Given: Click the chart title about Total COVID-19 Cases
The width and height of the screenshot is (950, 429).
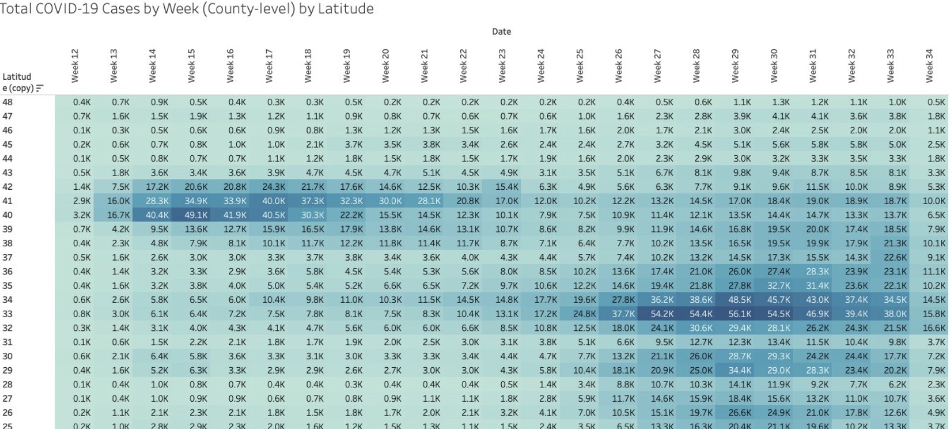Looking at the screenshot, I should tap(187, 8).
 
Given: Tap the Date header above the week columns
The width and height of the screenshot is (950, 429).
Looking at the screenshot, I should tap(501, 32).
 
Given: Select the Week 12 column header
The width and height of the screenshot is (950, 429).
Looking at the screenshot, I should tap(75, 66).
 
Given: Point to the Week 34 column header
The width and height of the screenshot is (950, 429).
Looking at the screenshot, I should tap(929, 66).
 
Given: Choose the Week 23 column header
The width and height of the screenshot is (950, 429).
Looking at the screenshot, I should tap(502, 66).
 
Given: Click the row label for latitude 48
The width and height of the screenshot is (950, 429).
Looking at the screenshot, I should tap(7, 102).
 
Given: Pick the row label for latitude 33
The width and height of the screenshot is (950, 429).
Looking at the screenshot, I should tap(7, 314).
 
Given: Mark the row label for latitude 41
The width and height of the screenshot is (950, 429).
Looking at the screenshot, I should tap(7, 201).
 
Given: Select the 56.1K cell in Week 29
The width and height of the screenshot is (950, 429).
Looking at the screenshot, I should tap(736, 314).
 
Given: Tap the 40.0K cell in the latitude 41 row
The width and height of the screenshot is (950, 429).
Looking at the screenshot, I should tap(269, 201).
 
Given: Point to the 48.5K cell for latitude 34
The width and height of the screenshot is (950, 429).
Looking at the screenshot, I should tap(736, 300).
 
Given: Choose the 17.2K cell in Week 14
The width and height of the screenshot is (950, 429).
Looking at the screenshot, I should tap(152, 187).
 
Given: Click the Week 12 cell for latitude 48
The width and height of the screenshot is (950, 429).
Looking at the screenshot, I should tap(75, 102).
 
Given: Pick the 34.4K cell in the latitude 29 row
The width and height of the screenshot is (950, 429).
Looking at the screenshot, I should tap(736, 371).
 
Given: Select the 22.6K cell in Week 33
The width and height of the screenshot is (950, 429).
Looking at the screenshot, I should tap(891, 258).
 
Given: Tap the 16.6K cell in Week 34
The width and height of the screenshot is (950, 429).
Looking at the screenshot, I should tap(930, 328).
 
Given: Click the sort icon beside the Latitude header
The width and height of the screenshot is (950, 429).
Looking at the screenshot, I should tap(40, 89).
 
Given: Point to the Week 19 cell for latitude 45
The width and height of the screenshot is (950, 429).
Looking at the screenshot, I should tap(347, 145).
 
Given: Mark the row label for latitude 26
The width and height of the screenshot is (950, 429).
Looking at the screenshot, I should tap(7, 412).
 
